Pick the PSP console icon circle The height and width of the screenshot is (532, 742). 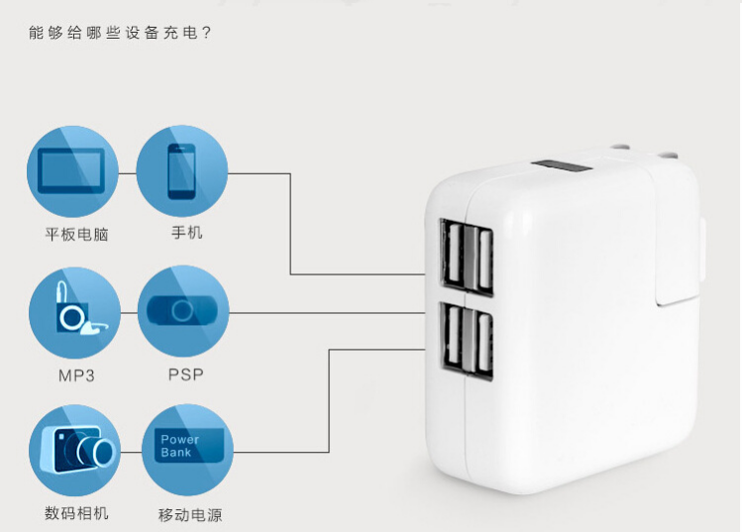click(x=182, y=312)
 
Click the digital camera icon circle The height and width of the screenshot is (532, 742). click(x=74, y=451)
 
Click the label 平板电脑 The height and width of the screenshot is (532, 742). click(x=76, y=235)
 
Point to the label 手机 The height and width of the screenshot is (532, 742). click(x=186, y=233)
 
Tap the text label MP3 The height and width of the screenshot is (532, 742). click(x=76, y=375)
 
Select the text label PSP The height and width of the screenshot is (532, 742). click(x=185, y=375)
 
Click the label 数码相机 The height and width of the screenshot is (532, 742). click(x=76, y=513)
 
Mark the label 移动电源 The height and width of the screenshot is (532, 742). click(x=189, y=514)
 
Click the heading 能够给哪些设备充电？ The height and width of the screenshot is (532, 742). click(x=121, y=32)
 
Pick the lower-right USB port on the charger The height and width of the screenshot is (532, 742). click(x=484, y=347)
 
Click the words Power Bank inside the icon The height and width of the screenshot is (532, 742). click(x=179, y=446)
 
